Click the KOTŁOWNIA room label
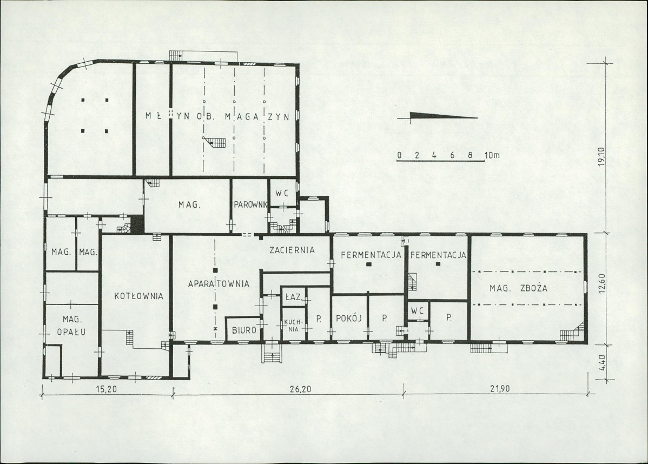[139, 296]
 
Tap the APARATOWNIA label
[219, 284]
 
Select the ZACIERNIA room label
[292, 250]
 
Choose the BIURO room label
[244, 330]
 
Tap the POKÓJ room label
[349, 318]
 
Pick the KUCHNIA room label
[293, 326]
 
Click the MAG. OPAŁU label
[74, 325]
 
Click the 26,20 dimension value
[300, 389]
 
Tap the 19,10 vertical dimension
[601, 157]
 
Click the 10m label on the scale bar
[492, 155]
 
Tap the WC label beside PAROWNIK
[282, 193]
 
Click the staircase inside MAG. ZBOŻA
[572, 332]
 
